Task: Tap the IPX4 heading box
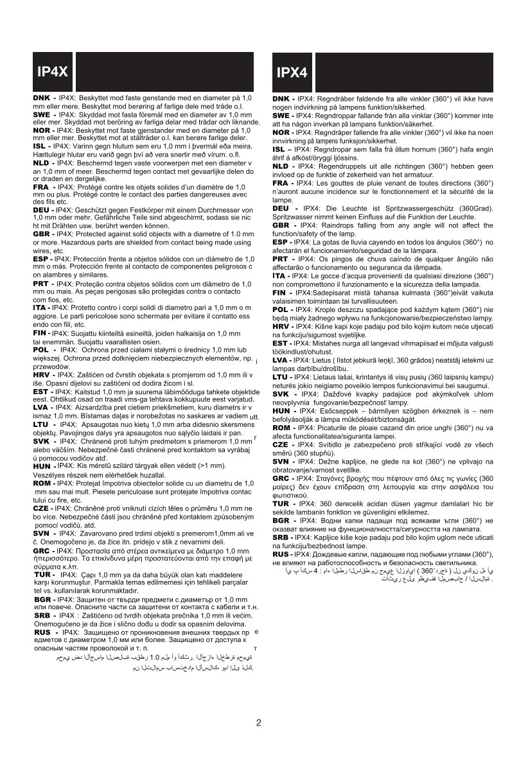coord(292,73)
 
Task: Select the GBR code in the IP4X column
coord(42,235)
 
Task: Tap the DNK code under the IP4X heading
coord(42,96)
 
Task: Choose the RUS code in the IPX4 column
coord(281,553)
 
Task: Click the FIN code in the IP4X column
coord(41,333)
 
